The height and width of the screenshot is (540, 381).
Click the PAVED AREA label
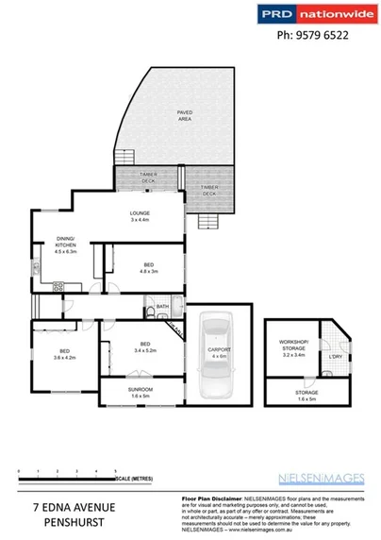click(185, 117)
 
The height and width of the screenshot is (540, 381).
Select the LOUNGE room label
click(140, 216)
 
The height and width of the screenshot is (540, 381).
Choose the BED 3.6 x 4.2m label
click(64, 355)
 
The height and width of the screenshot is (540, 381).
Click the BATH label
click(162, 306)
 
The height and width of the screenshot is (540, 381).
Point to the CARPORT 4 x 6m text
click(219, 354)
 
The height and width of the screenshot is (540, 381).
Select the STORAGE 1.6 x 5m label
click(305, 394)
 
